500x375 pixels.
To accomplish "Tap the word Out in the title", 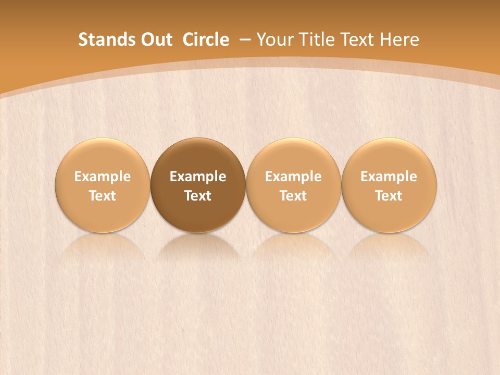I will (x=155, y=40).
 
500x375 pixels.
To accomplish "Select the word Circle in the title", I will (x=206, y=40).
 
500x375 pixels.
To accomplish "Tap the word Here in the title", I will (x=399, y=40).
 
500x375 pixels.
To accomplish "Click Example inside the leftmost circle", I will (x=103, y=177).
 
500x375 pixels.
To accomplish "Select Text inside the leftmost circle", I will (x=103, y=196).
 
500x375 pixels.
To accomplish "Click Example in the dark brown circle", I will (x=198, y=177).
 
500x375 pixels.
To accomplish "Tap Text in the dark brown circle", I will (x=198, y=196).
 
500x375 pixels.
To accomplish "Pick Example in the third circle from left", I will (x=293, y=177).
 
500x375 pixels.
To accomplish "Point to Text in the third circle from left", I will (x=293, y=196).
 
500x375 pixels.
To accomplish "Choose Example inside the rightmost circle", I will (x=389, y=177).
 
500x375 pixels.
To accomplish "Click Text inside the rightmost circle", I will (x=389, y=196).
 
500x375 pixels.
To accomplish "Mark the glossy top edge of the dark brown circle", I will (x=198, y=142).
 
